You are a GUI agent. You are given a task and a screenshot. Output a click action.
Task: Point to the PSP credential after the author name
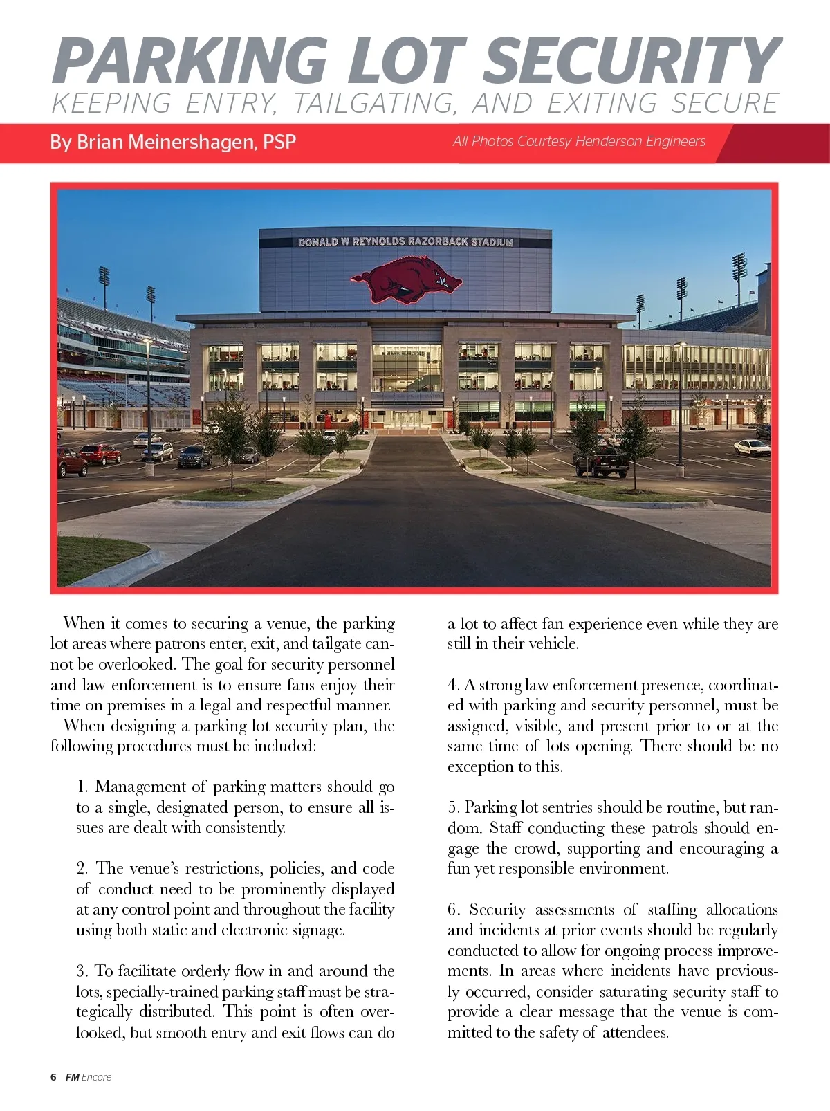click(279, 142)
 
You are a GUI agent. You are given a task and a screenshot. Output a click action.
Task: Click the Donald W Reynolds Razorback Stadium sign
click(405, 242)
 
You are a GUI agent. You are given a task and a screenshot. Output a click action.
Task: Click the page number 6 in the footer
click(53, 1077)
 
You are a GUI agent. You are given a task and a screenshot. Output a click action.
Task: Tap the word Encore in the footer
click(96, 1077)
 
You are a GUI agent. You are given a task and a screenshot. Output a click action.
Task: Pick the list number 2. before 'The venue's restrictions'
click(82, 868)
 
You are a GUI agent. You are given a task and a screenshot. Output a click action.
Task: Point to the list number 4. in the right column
click(453, 685)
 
